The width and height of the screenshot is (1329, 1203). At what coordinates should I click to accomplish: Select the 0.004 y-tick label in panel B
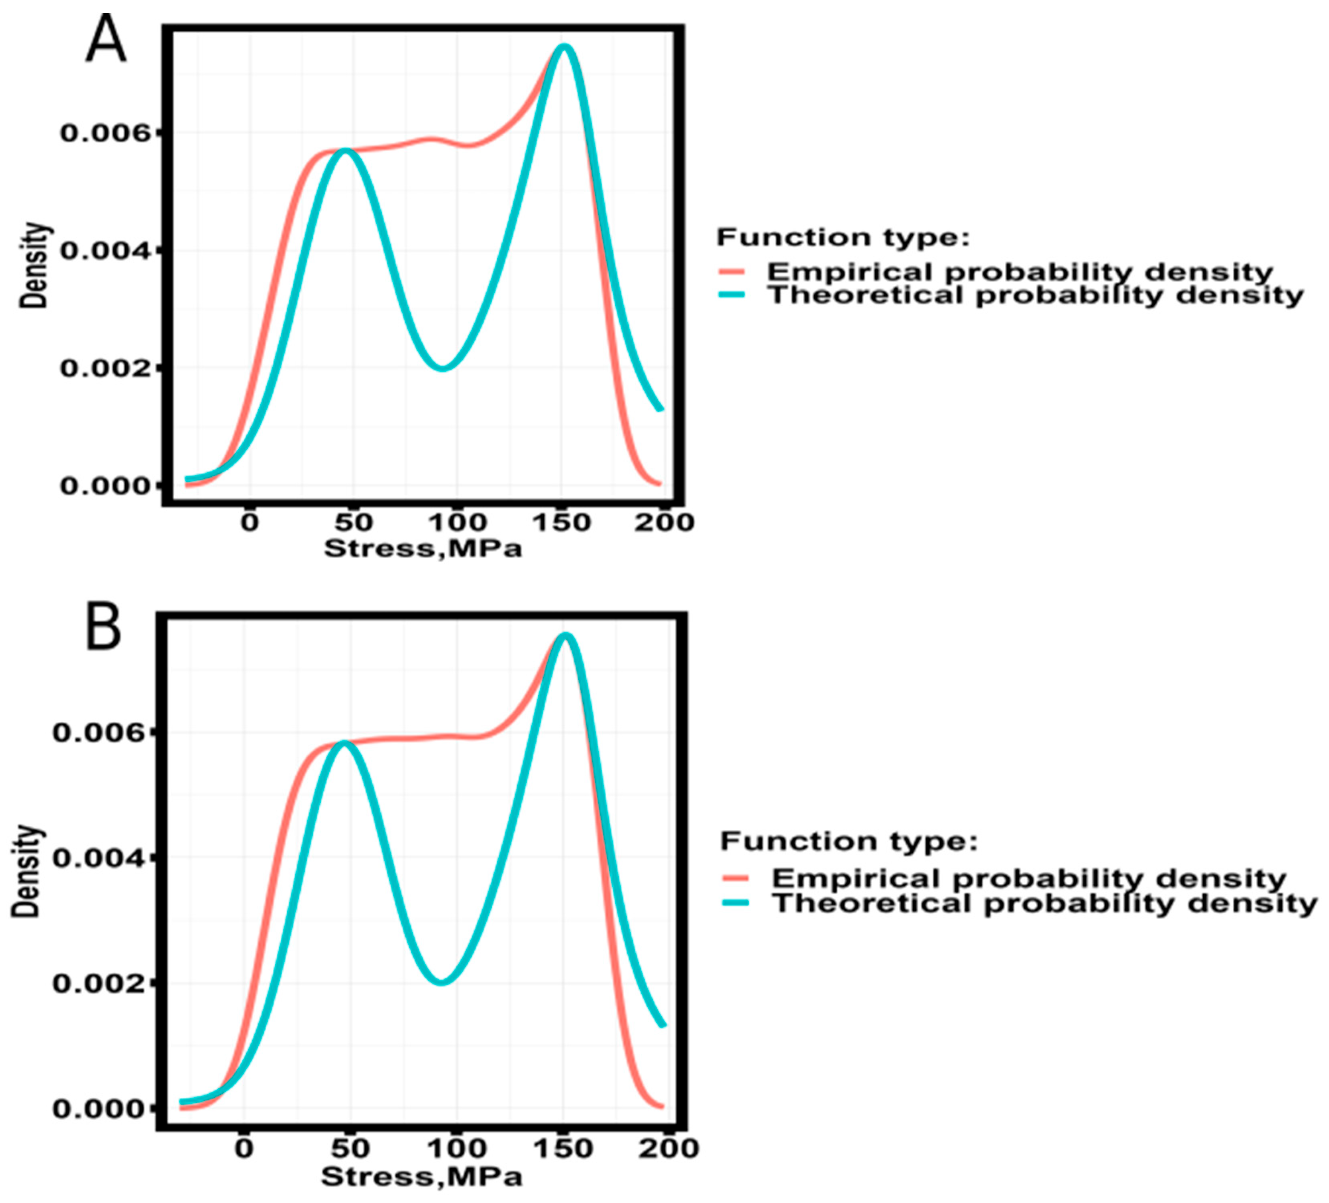tap(99, 858)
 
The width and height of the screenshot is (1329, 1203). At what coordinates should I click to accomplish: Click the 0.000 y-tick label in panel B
tap(99, 1109)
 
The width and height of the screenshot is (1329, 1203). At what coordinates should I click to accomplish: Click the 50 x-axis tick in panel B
tap(349, 1148)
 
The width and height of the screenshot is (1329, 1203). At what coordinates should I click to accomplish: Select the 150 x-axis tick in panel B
tap(562, 1148)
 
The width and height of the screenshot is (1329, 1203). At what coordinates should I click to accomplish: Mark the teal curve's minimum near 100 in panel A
tap(444, 367)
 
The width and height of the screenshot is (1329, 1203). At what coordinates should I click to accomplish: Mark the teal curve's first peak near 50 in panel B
tap(343, 743)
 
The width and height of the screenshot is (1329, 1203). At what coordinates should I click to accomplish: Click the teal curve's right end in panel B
tap(663, 1025)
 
